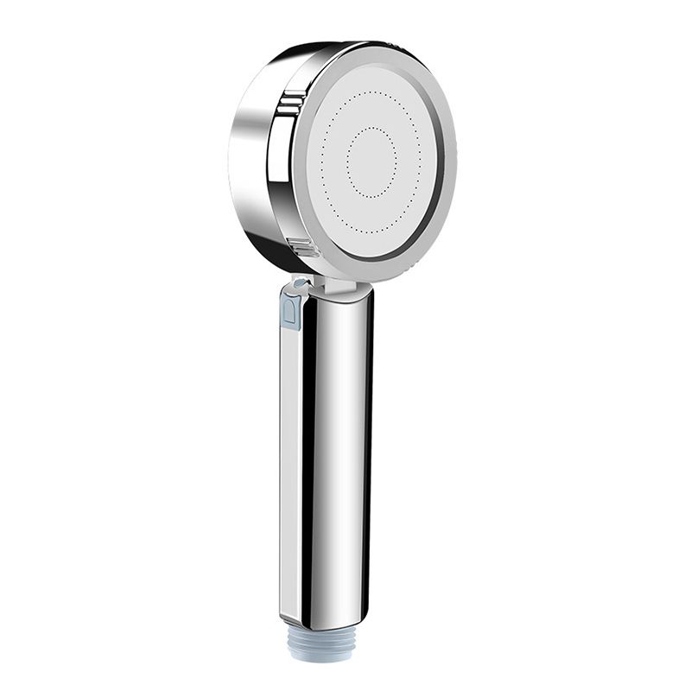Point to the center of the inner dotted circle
(x=371, y=162)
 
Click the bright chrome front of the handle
(x=333, y=449)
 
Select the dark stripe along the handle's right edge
(x=367, y=449)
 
